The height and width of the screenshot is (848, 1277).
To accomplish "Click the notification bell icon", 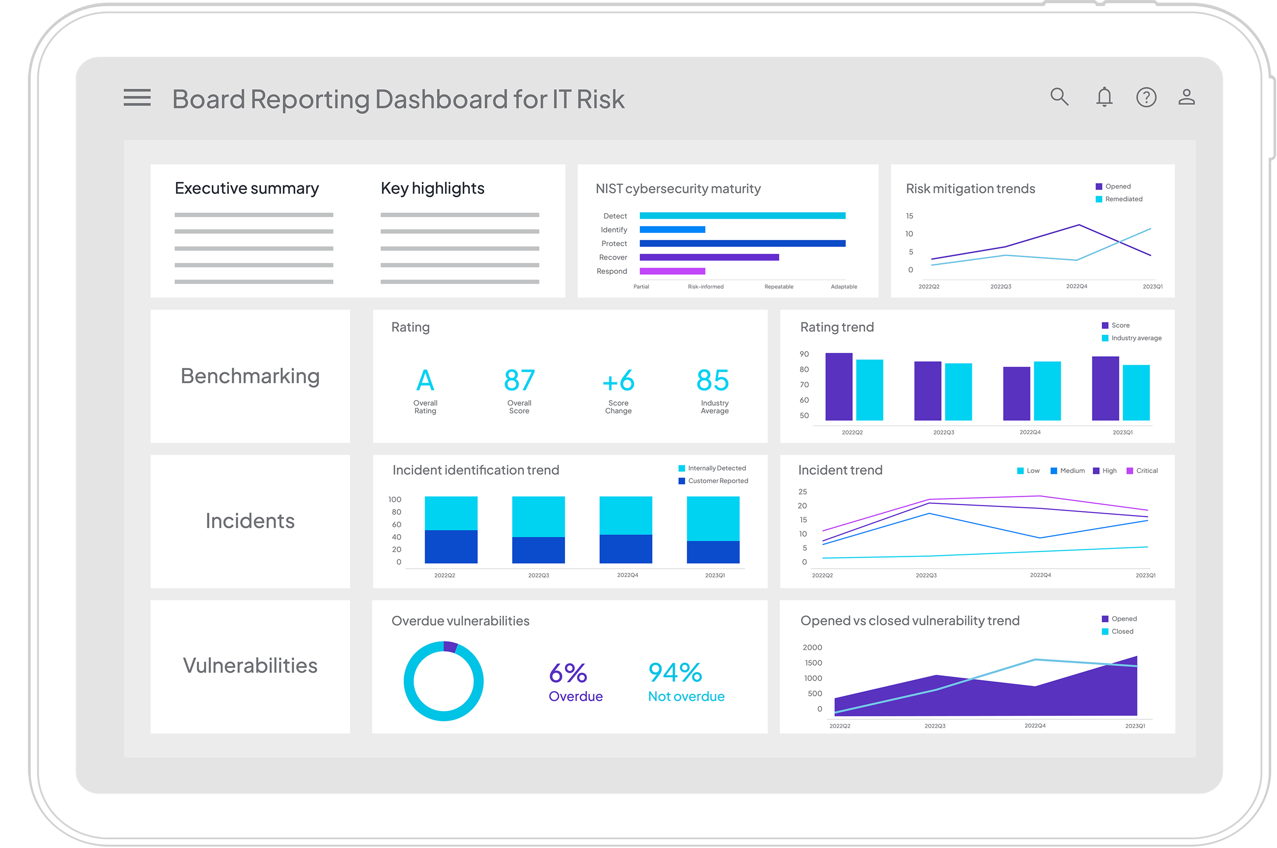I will (1104, 97).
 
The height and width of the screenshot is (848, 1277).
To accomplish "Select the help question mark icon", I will (1146, 97).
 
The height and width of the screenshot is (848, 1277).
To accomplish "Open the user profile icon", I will (1187, 97).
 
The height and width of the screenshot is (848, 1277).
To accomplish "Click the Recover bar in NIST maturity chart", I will (709, 257).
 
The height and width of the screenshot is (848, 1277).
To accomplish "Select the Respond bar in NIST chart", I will (672, 271).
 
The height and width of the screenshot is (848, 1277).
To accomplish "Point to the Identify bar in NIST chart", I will (672, 230).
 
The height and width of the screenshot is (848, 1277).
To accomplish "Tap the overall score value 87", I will (519, 381).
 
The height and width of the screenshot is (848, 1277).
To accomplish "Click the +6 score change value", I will (618, 381).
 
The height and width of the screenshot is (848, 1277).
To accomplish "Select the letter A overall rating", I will (425, 381).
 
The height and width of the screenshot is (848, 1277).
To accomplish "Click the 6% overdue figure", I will (568, 673).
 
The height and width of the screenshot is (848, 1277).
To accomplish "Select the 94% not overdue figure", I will (675, 673).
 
